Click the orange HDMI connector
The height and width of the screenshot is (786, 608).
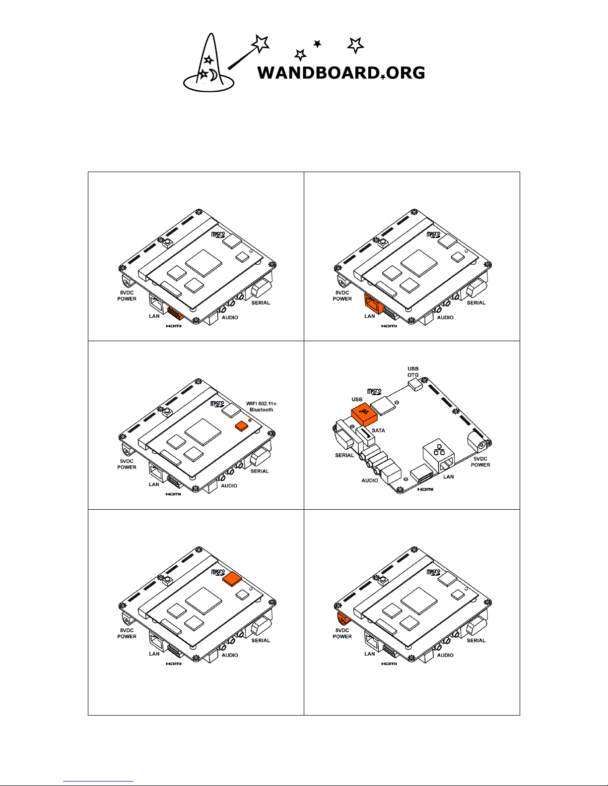point(176,313)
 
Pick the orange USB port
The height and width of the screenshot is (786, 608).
point(364,415)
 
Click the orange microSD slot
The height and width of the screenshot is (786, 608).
point(232,579)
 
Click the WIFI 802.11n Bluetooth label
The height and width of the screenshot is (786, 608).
point(261,407)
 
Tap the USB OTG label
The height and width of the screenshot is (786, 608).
point(413,372)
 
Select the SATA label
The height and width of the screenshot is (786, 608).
point(378,430)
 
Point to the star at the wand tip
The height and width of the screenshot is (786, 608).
point(260,44)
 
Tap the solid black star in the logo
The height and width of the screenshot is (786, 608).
point(317,44)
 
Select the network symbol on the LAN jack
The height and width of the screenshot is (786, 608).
point(439,450)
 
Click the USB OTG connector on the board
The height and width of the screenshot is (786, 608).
point(415,384)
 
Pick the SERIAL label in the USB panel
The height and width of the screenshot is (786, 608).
point(344,455)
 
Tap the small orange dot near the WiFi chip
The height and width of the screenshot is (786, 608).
point(250,421)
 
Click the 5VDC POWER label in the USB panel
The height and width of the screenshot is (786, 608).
point(480,462)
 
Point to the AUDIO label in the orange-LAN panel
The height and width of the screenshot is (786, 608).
point(445,317)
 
